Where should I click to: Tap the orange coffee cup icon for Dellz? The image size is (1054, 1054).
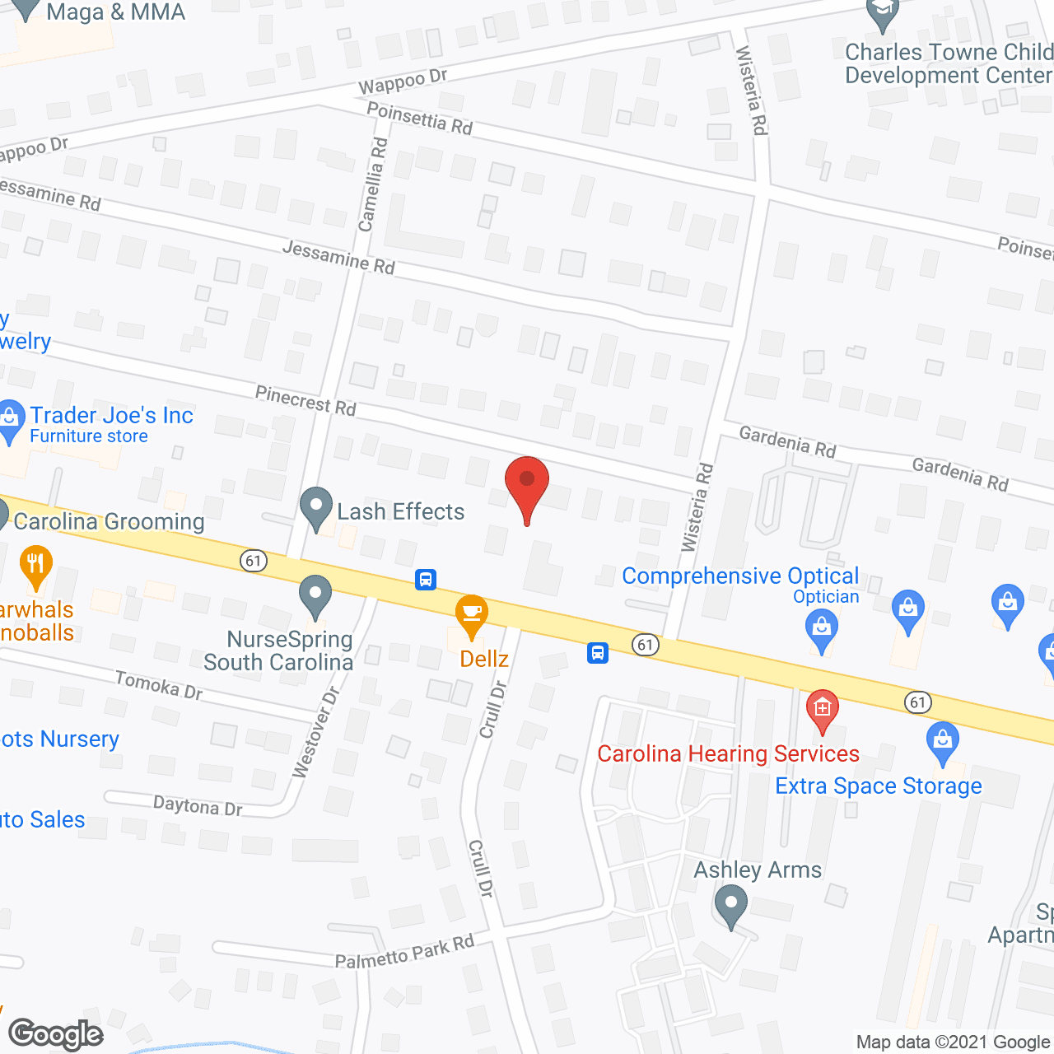click(x=472, y=614)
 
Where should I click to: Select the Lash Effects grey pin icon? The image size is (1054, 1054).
click(x=315, y=508)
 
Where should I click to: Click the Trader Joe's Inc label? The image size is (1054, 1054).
click(x=111, y=415)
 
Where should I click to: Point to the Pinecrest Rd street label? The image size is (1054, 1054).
click(x=305, y=400)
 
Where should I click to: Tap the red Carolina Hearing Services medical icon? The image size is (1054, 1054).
click(x=822, y=709)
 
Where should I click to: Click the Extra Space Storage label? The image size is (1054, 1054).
click(x=878, y=786)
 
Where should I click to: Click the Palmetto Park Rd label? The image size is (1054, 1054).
click(x=404, y=952)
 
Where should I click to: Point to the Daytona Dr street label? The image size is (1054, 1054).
click(x=198, y=805)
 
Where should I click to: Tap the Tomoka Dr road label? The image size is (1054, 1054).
click(x=159, y=684)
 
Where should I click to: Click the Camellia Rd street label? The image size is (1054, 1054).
click(x=372, y=184)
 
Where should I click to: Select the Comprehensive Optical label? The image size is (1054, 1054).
click(x=739, y=576)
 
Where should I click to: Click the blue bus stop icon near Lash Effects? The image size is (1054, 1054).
click(x=425, y=579)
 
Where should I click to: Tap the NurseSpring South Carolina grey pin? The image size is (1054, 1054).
click(x=315, y=595)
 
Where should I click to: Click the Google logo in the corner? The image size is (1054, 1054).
click(x=56, y=1034)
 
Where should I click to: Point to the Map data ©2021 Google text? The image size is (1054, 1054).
click(x=953, y=1042)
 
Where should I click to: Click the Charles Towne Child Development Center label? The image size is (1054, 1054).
click(x=948, y=63)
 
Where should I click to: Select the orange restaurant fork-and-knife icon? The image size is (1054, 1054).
click(x=35, y=565)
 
